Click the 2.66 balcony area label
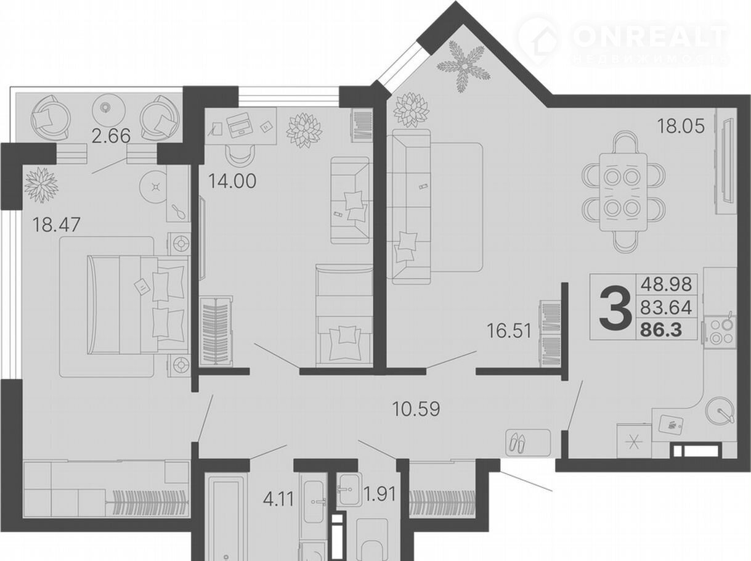coord(111,136)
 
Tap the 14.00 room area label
coord(232,181)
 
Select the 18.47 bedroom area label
coord(57,225)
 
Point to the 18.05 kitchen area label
coord(681,126)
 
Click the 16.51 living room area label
coord(509,331)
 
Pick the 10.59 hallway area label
coord(416,409)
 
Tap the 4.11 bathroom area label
coord(278,499)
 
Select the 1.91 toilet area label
coord(380,494)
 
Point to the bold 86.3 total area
coord(661,330)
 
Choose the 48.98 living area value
coord(666,284)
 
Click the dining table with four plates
coord(623,192)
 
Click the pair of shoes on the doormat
coord(517,443)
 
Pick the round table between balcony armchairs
coord(109,110)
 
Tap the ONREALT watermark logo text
coord(649,36)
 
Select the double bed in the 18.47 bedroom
coord(137,305)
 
